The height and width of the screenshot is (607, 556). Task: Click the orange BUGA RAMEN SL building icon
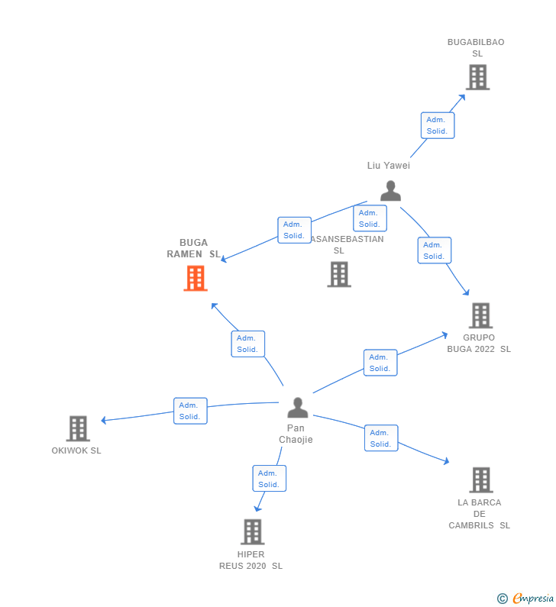[x=196, y=279]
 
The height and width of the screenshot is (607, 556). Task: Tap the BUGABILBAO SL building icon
[x=477, y=77]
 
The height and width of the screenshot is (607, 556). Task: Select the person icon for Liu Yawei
[x=390, y=191]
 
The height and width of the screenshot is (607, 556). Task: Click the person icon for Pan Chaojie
[x=297, y=408]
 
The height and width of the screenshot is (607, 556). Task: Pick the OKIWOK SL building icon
[x=78, y=428]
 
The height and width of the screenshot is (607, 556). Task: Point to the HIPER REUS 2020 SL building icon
[x=252, y=531]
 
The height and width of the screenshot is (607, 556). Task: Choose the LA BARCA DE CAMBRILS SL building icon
[x=480, y=479]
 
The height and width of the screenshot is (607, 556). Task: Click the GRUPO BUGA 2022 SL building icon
[x=480, y=315]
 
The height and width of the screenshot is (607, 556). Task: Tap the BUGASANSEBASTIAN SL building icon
[x=339, y=274]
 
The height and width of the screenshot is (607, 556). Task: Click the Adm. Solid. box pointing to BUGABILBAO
[x=438, y=125]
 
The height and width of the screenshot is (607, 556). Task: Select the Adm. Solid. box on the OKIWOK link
[x=190, y=411]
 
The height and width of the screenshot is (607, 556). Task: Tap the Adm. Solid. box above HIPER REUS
[x=269, y=479]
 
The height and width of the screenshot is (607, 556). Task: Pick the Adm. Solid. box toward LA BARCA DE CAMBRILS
[x=381, y=438]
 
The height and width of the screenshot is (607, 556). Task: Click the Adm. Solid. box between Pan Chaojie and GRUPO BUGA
[x=380, y=363]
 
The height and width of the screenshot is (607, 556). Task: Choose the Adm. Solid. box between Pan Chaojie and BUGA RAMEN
[x=247, y=344]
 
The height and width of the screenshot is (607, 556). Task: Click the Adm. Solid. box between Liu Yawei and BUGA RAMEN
[x=294, y=230]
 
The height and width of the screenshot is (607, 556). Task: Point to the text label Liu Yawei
[x=389, y=166]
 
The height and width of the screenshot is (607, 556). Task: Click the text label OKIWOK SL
[x=76, y=450]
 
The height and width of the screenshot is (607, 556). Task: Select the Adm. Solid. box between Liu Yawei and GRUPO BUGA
[x=435, y=250]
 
